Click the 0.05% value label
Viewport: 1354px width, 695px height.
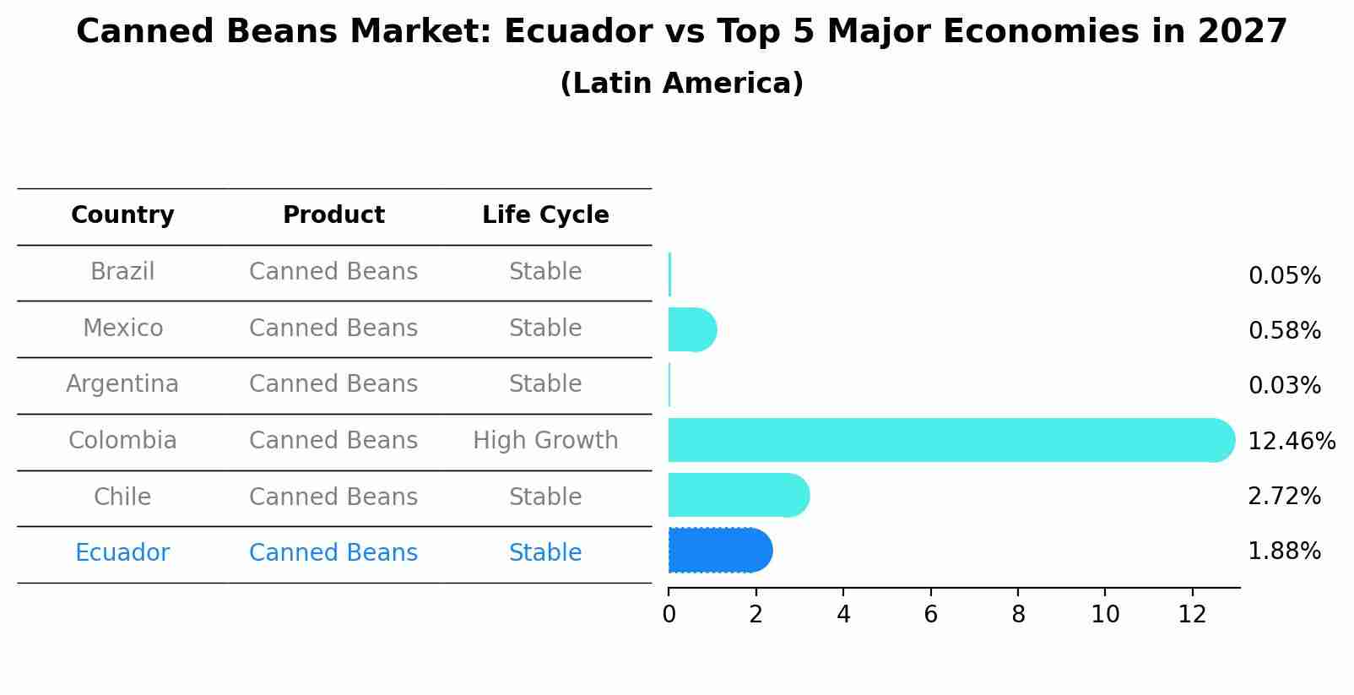1284,276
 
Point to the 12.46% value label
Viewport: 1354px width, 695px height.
1291,442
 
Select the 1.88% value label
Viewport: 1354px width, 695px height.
1284,551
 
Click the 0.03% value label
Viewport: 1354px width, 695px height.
1284,386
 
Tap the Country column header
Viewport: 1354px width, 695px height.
122,215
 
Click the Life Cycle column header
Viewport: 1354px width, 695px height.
545,215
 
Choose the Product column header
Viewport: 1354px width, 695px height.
333,215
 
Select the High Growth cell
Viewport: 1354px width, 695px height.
545,441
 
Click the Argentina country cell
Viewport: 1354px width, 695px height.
122,384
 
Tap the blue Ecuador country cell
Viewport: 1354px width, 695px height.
122,553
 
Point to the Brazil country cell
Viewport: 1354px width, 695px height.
122,272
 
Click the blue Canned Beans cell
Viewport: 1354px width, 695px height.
333,553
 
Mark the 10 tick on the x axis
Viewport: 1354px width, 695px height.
1105,615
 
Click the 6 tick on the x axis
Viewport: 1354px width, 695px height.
930,615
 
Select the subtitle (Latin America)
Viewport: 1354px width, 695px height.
681,84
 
